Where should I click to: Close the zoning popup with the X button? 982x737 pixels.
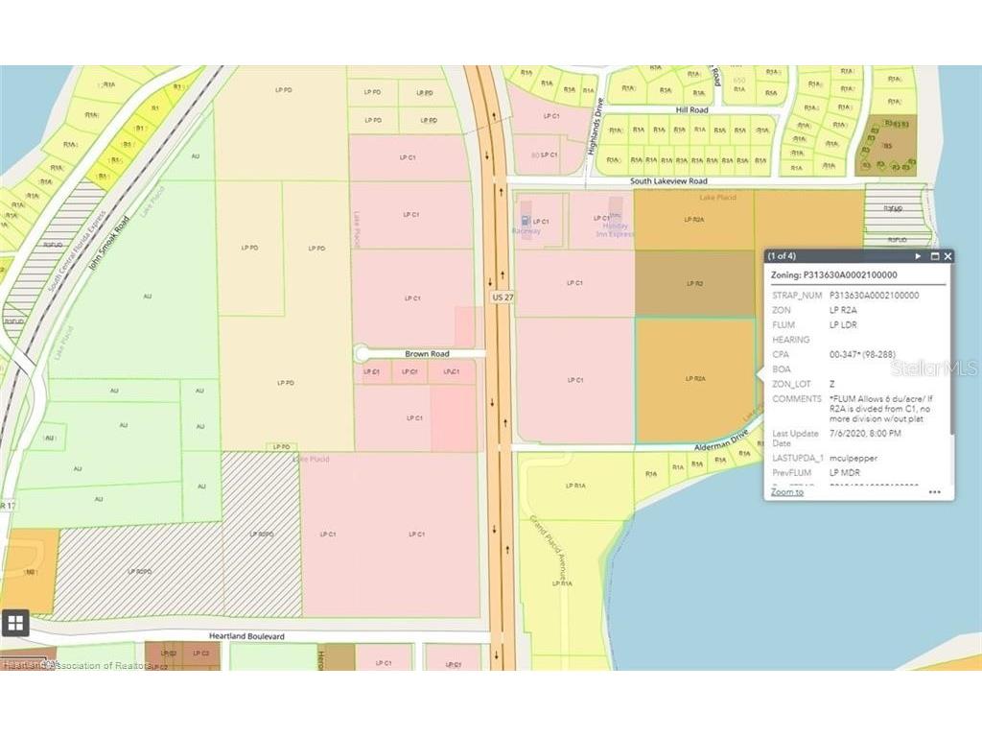[947, 256]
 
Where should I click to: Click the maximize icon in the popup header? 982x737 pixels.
[933, 256]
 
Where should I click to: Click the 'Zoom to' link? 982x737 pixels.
[787, 492]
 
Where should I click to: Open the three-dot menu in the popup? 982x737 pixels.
[935, 492]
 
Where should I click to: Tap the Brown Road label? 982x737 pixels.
[427, 354]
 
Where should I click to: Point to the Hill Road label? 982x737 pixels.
[691, 110]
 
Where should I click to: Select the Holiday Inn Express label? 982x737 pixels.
[617, 226]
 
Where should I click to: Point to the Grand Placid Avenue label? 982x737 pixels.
[551, 552]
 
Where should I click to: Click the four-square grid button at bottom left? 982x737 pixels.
[15, 623]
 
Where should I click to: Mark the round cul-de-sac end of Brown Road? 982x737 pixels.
[362, 354]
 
